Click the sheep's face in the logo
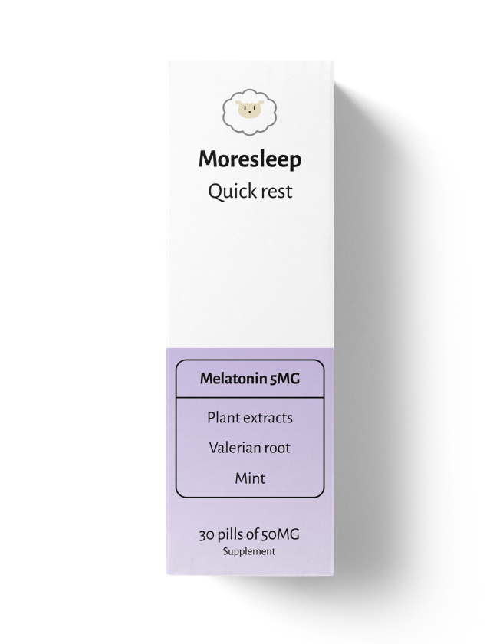tap(249, 110)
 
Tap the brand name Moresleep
tap(250, 159)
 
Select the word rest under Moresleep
tap(277, 192)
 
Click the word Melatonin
tap(233, 378)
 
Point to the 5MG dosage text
tap(285, 378)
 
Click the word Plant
tap(223, 418)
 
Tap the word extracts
tap(268, 418)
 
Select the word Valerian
tap(230, 448)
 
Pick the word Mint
tap(250, 478)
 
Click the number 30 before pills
tap(206, 535)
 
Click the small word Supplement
tap(249, 551)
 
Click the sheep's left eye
tap(245, 108)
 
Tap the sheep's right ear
tap(261, 103)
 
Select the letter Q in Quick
tap(215, 192)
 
